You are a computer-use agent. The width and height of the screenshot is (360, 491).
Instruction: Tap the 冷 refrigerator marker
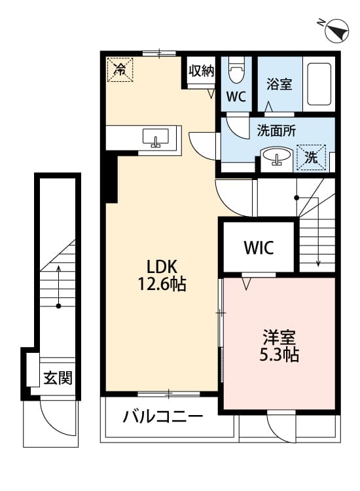[120, 69]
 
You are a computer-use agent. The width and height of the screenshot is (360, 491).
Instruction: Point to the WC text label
[236, 97]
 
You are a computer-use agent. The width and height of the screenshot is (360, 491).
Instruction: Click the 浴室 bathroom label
[279, 85]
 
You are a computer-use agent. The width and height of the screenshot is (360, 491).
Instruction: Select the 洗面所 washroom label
[272, 130]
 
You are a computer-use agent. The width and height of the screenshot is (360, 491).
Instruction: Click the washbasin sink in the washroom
[278, 157]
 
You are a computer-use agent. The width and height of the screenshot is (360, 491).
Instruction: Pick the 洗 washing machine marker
[312, 156]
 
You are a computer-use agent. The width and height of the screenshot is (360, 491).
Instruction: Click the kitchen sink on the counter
[155, 137]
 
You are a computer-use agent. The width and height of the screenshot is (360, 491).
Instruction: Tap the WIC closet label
[259, 248]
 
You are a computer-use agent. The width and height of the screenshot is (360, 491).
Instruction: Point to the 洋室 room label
[279, 338]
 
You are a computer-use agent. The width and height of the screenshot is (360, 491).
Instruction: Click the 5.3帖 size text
[279, 355]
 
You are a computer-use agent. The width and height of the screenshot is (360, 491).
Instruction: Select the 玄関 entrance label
[58, 378]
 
